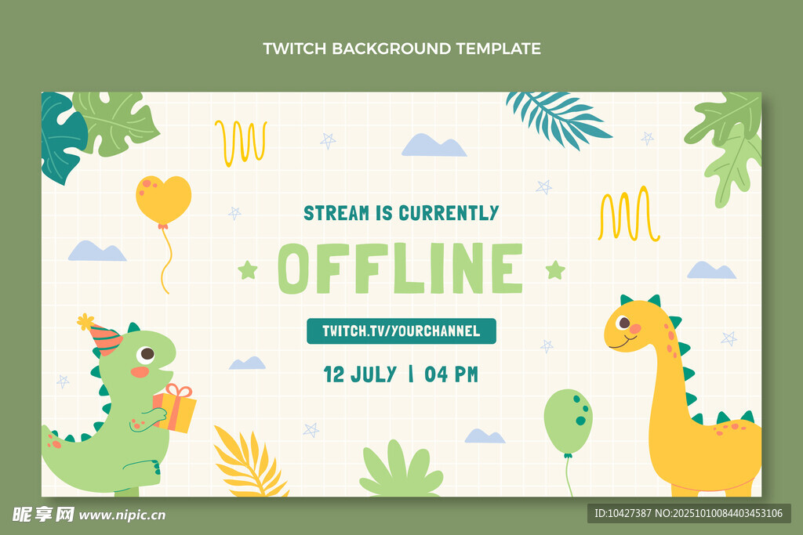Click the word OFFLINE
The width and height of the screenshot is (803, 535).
[x=401, y=269]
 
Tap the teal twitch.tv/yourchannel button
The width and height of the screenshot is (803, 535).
[x=401, y=331]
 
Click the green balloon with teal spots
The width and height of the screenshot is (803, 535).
[x=568, y=421]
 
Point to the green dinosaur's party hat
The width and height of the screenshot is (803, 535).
[x=103, y=335]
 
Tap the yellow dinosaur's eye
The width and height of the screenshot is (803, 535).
[x=623, y=323]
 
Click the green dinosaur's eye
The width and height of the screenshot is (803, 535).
[x=147, y=353]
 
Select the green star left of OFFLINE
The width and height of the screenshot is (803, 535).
[x=248, y=270]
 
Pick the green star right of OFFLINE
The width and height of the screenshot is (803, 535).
[x=555, y=269]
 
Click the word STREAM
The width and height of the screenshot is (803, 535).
[x=336, y=213]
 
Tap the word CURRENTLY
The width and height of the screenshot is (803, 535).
[x=449, y=213]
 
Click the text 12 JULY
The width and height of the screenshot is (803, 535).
[x=360, y=374]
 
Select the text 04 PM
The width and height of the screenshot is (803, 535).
[x=451, y=374]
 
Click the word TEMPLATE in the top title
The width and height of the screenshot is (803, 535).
[x=498, y=49]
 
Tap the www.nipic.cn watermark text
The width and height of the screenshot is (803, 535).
[x=122, y=515]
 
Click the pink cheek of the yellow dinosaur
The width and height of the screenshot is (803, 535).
[x=635, y=329]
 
